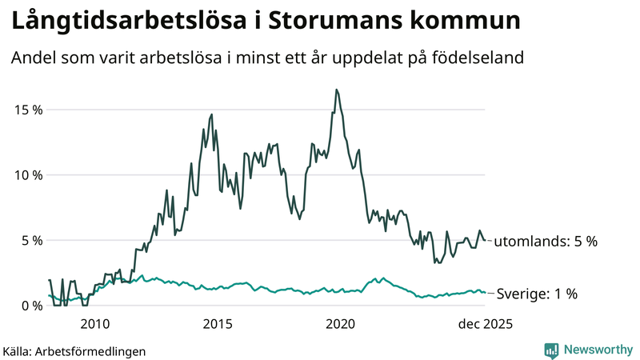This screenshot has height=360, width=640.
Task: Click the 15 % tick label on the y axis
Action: click(26, 110)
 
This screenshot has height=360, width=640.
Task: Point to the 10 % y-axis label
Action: click(26, 175)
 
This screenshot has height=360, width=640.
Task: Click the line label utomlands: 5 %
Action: click(545, 241)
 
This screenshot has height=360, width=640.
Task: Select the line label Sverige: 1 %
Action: click(538, 294)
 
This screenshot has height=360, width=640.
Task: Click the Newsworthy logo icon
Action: click(551, 350)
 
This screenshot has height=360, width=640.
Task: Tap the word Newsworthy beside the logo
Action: click(596, 350)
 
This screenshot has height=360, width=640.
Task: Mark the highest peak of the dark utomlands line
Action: click(337, 90)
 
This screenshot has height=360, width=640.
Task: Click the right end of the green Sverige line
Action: click(485, 292)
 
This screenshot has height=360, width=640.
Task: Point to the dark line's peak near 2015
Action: click(212, 114)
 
